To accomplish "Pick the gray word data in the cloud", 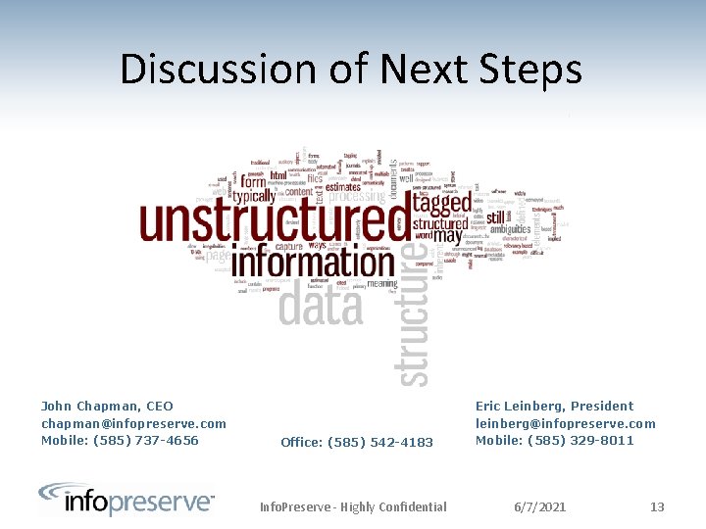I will point(321,306).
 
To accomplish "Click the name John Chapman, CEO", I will point(107,406).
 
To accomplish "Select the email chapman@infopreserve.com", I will point(133,423).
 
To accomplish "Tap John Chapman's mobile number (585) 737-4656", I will point(120,440).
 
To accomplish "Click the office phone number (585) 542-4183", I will point(357,442).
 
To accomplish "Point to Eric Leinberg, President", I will point(554,406).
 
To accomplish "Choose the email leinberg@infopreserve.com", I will point(565,423).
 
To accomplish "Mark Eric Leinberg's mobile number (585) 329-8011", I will point(554,440).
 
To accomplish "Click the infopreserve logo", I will point(126,500).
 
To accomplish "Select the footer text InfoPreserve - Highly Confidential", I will point(353,506).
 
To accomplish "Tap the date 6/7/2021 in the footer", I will point(540,506).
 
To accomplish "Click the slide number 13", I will point(657,506).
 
